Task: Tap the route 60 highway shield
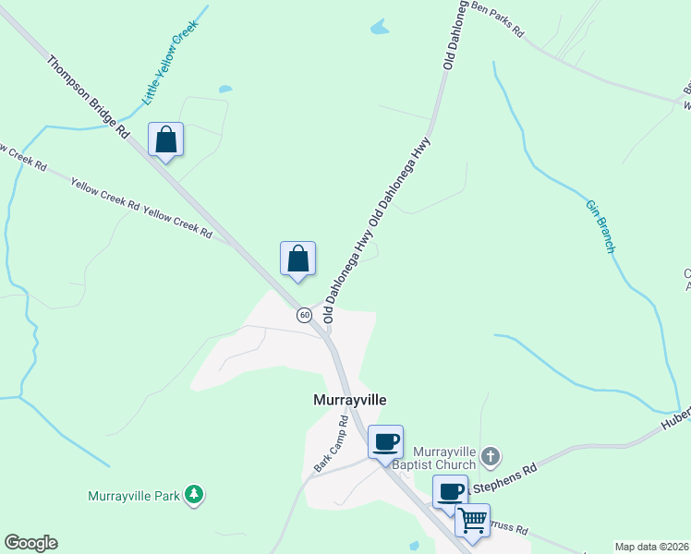(x=304, y=315)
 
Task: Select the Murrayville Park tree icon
(x=193, y=496)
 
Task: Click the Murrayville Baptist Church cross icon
(x=491, y=455)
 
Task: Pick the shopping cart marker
(x=472, y=521)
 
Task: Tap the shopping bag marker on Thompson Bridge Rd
(x=165, y=140)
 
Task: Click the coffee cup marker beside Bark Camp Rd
(x=385, y=440)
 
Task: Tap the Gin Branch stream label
(x=600, y=225)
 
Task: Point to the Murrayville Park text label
(x=133, y=496)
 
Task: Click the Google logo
(x=30, y=543)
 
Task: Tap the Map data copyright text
(x=652, y=547)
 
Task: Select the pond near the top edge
(x=380, y=28)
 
